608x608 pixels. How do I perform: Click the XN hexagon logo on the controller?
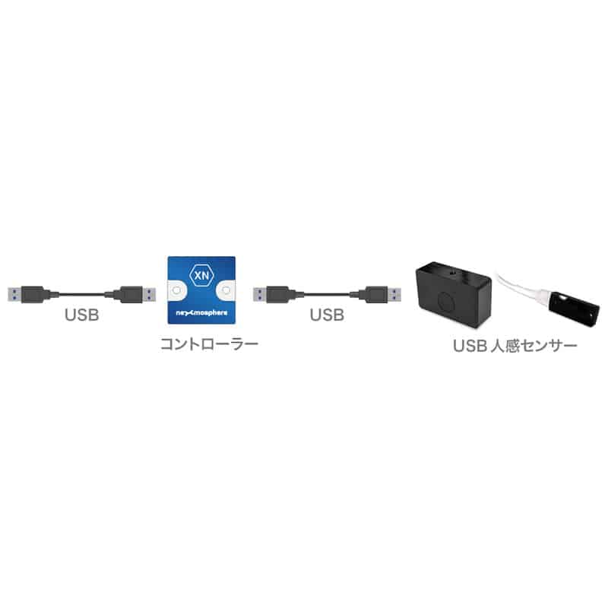tap(201, 274)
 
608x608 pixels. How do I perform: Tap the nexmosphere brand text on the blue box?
tap(201, 312)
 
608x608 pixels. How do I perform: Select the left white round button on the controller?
tap(176, 290)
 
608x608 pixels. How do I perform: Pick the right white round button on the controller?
tap(226, 290)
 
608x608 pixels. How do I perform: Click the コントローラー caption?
tap(210, 344)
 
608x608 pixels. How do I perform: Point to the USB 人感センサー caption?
tap(515, 346)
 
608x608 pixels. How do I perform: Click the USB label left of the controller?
tap(82, 315)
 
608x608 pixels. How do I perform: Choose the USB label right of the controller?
tap(327, 315)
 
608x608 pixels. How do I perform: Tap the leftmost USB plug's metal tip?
tap(14, 295)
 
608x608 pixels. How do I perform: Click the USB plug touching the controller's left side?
tap(131, 295)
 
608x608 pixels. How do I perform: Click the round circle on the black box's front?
tap(448, 301)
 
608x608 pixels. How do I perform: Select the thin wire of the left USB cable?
tap(82, 295)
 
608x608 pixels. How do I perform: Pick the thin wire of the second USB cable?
tap(327, 295)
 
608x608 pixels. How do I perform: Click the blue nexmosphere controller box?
tap(201, 290)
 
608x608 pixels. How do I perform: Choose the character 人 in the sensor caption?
tap(497, 346)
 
